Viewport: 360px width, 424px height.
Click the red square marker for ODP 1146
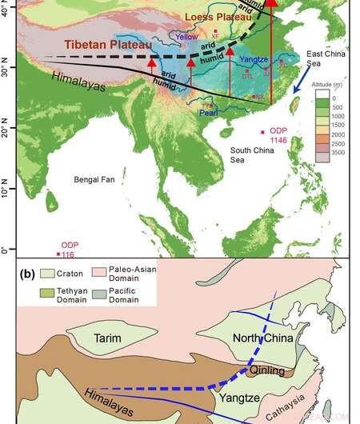click(x=261, y=131)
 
